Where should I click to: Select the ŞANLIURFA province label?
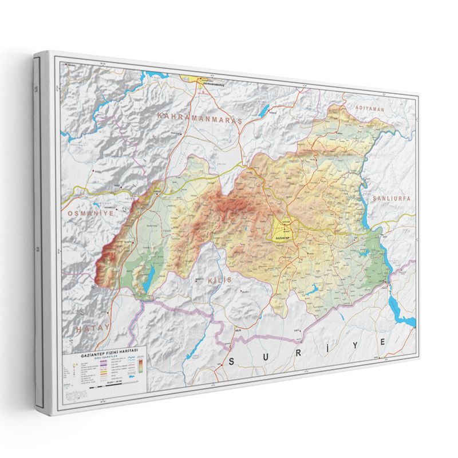pyautogui.click(x=392, y=198)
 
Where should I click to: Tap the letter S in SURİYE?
pyautogui.click(x=232, y=361)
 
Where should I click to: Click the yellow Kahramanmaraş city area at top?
pyautogui.click(x=203, y=80)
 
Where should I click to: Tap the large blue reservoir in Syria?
pyautogui.click(x=401, y=312)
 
